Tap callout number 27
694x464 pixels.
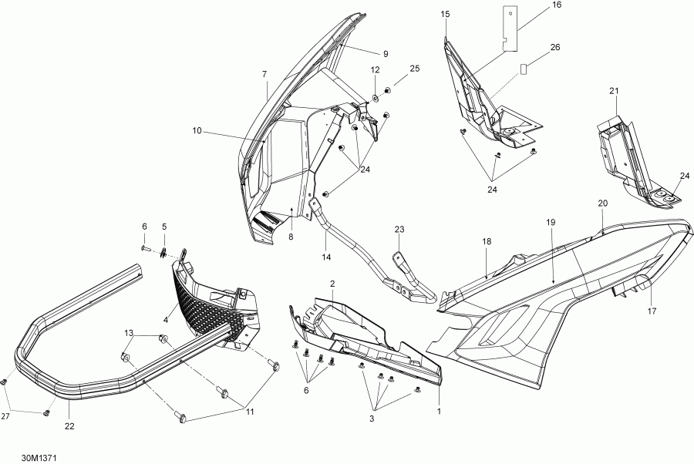(x=5, y=415)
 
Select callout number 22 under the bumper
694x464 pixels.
(x=69, y=426)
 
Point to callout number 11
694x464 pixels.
(x=250, y=412)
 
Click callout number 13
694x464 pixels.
(x=128, y=333)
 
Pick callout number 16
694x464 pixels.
(x=557, y=5)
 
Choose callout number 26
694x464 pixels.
(x=555, y=47)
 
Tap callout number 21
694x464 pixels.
(x=614, y=91)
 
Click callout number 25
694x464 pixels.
(x=415, y=69)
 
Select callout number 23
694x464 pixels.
(x=399, y=229)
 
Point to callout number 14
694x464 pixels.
(x=326, y=257)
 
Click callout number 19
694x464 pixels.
(x=551, y=223)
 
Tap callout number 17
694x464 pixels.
(x=652, y=311)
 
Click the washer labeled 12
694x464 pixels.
(x=375, y=97)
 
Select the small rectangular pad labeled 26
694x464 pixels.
(x=524, y=69)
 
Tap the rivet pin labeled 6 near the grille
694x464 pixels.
(x=145, y=249)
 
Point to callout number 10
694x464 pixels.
(x=197, y=130)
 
